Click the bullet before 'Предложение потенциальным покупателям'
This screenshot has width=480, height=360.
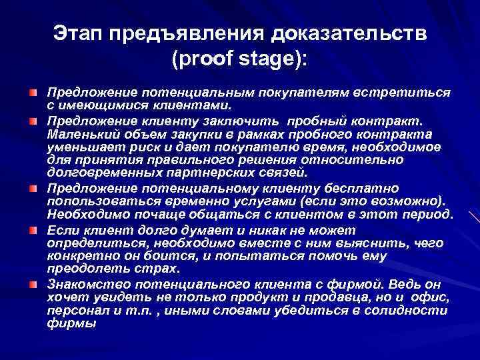point(32,90)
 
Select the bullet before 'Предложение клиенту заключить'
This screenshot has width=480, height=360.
point(32,122)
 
